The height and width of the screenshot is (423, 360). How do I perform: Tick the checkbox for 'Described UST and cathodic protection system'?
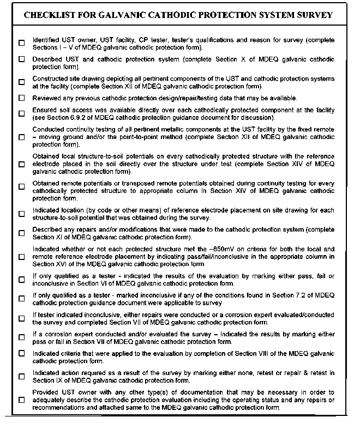click(x=21, y=62)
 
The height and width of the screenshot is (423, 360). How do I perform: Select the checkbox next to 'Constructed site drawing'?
click(x=21, y=82)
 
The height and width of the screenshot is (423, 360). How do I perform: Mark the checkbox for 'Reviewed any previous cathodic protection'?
click(x=21, y=98)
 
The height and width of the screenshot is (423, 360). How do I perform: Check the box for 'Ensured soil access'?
click(x=21, y=114)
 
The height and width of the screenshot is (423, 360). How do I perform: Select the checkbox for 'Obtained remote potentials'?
click(x=21, y=187)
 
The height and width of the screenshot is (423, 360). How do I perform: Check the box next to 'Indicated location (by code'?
click(x=21, y=214)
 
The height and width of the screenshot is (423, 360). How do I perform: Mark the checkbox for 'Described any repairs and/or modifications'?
click(x=21, y=233)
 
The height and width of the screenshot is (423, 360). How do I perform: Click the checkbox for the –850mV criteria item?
click(x=21, y=256)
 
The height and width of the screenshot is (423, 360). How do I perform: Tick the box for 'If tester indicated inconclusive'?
click(x=21, y=318)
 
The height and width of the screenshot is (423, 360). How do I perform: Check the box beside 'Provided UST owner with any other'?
click(x=21, y=400)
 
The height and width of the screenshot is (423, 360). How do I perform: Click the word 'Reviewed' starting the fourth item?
click(x=47, y=98)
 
